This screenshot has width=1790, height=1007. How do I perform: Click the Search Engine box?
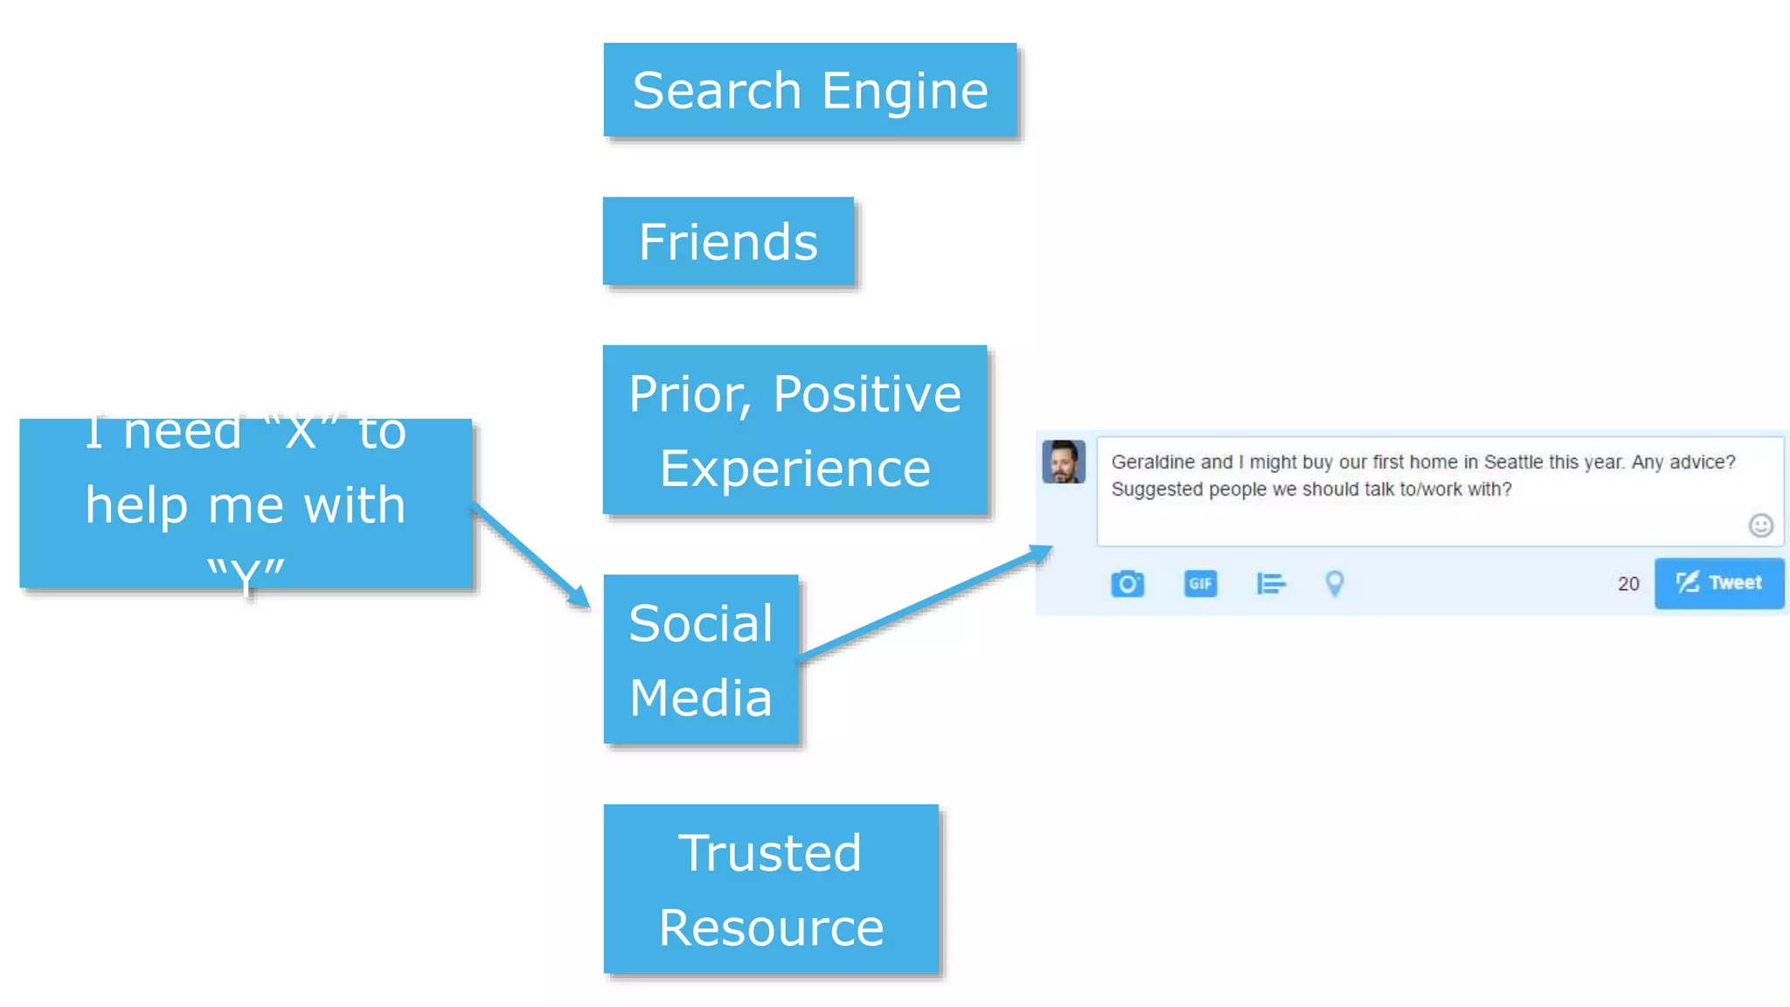(809, 90)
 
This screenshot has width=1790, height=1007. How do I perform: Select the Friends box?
(728, 241)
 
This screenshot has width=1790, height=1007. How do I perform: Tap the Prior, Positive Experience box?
(794, 430)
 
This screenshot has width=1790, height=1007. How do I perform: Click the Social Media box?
(701, 660)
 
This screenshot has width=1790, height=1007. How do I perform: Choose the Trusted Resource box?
(771, 889)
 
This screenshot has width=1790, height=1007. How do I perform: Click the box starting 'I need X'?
(246, 503)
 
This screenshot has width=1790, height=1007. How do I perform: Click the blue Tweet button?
(1718, 583)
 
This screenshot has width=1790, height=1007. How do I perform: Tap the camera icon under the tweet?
(1127, 583)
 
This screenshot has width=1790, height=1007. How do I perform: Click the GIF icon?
(1200, 583)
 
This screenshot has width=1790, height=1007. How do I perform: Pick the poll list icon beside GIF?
(1270, 583)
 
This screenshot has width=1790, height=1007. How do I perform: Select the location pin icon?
(1334, 583)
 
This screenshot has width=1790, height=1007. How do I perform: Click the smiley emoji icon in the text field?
(1760, 524)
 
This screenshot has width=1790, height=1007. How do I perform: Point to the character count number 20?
(1627, 584)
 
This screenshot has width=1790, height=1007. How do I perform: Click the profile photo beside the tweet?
(1064, 462)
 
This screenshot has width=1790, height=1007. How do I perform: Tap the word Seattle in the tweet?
(1513, 462)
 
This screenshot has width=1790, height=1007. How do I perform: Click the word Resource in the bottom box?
(771, 927)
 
